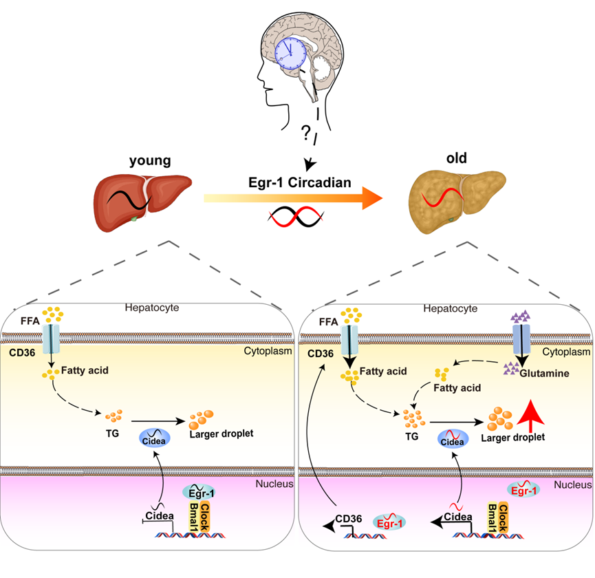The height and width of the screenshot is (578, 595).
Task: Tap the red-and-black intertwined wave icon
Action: (x=295, y=217)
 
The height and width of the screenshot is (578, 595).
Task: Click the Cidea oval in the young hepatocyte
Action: (x=157, y=438)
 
